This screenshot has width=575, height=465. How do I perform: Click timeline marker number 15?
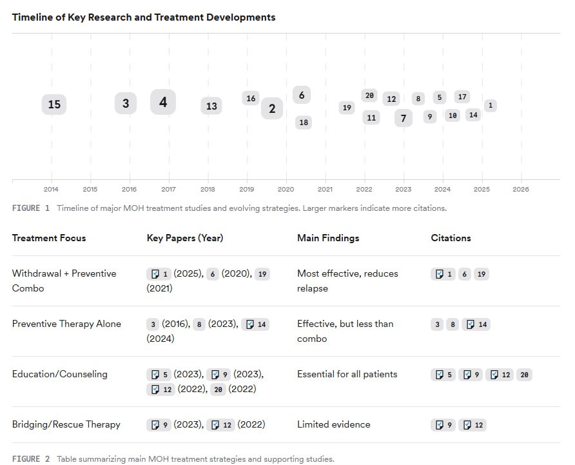(x=54, y=104)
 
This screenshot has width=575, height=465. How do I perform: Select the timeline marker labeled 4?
(x=163, y=102)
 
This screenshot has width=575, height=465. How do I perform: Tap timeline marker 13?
(x=211, y=106)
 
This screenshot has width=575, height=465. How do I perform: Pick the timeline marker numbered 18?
(x=304, y=122)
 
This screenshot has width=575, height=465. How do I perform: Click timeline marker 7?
(x=404, y=118)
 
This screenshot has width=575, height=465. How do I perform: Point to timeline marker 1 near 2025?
(x=491, y=105)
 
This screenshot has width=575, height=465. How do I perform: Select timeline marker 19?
(x=347, y=108)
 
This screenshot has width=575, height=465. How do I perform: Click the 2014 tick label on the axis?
(x=51, y=189)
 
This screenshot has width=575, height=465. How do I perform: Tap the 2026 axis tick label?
(x=520, y=189)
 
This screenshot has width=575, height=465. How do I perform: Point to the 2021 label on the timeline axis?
(x=325, y=189)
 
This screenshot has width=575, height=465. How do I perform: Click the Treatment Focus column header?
(x=49, y=238)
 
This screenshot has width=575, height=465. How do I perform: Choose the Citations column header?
(x=451, y=238)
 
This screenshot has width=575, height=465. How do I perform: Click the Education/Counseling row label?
(x=60, y=374)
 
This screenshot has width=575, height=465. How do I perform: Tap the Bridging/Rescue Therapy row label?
(x=66, y=424)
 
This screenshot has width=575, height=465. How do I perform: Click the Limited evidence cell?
(x=334, y=424)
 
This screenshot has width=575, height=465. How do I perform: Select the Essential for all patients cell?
(x=347, y=374)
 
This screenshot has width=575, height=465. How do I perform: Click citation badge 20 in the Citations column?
(x=524, y=375)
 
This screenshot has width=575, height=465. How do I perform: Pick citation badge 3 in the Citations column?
(x=438, y=324)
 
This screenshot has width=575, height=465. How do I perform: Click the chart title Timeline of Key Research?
(x=144, y=17)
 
